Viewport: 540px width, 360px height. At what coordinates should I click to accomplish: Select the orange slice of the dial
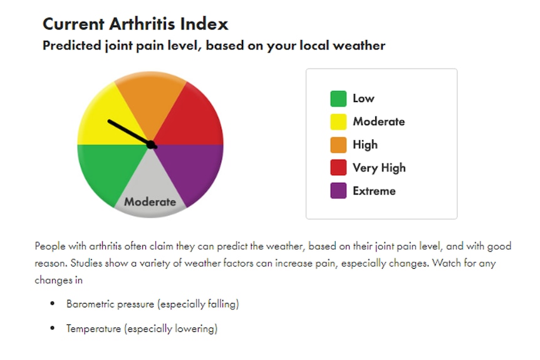[x=150, y=100]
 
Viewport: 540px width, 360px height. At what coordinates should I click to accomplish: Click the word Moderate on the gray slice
[x=150, y=202]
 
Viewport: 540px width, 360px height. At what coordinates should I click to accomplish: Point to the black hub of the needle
[x=151, y=145]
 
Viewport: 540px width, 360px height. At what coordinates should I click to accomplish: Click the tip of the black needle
[x=109, y=121]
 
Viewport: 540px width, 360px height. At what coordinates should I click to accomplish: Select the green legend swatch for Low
[x=338, y=98]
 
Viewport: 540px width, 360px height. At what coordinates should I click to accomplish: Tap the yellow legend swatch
[x=338, y=122]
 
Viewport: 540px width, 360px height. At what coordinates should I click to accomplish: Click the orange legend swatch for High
[x=338, y=145]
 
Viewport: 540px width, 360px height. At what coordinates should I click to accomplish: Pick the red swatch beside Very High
[x=338, y=168]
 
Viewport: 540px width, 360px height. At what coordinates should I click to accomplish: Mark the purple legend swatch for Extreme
[x=338, y=191]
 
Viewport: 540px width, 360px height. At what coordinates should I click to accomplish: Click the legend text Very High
[x=379, y=168]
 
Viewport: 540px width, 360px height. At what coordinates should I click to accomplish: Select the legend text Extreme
[x=375, y=191]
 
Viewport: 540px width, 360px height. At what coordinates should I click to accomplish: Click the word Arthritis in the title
[x=142, y=24]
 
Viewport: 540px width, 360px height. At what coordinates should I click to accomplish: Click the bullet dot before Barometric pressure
[x=53, y=304]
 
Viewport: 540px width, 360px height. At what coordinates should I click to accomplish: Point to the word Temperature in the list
[x=94, y=329]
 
